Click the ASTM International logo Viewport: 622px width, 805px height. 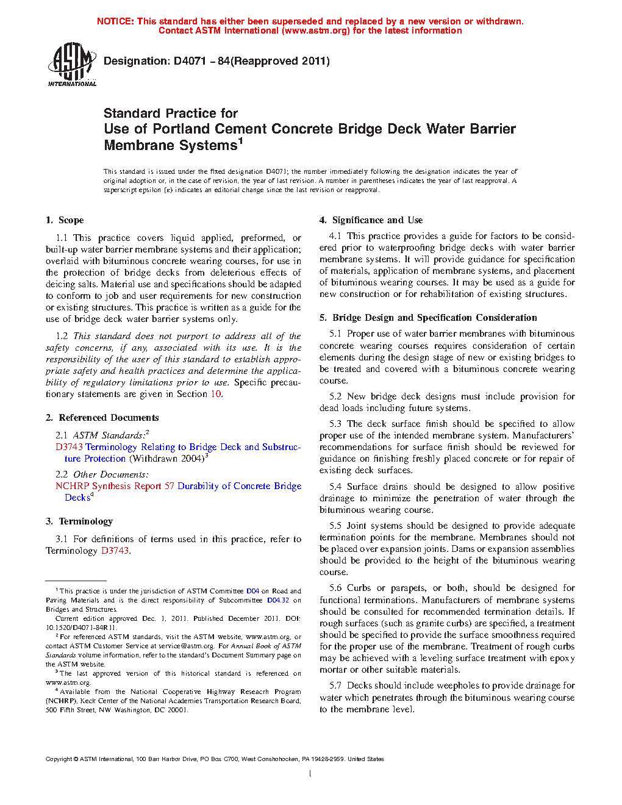71,64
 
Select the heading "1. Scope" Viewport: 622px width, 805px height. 65,220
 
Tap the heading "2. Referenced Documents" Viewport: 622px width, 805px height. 102,418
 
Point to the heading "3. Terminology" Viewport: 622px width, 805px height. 79,521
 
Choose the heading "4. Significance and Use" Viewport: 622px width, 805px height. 371,220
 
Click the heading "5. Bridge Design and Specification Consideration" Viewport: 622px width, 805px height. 428,318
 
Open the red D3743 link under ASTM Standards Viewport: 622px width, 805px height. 69,447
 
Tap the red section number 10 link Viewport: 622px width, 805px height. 216,394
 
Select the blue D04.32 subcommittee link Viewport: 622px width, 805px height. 277,600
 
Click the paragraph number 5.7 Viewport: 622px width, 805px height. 335,685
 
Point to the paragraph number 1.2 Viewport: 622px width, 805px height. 62,336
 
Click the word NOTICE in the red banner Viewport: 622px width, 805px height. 115,21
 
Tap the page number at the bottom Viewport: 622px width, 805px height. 310,774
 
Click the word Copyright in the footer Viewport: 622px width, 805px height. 59,759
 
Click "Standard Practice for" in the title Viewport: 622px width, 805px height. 170,113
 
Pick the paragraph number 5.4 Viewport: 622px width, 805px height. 335,487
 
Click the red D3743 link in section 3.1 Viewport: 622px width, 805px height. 115,551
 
